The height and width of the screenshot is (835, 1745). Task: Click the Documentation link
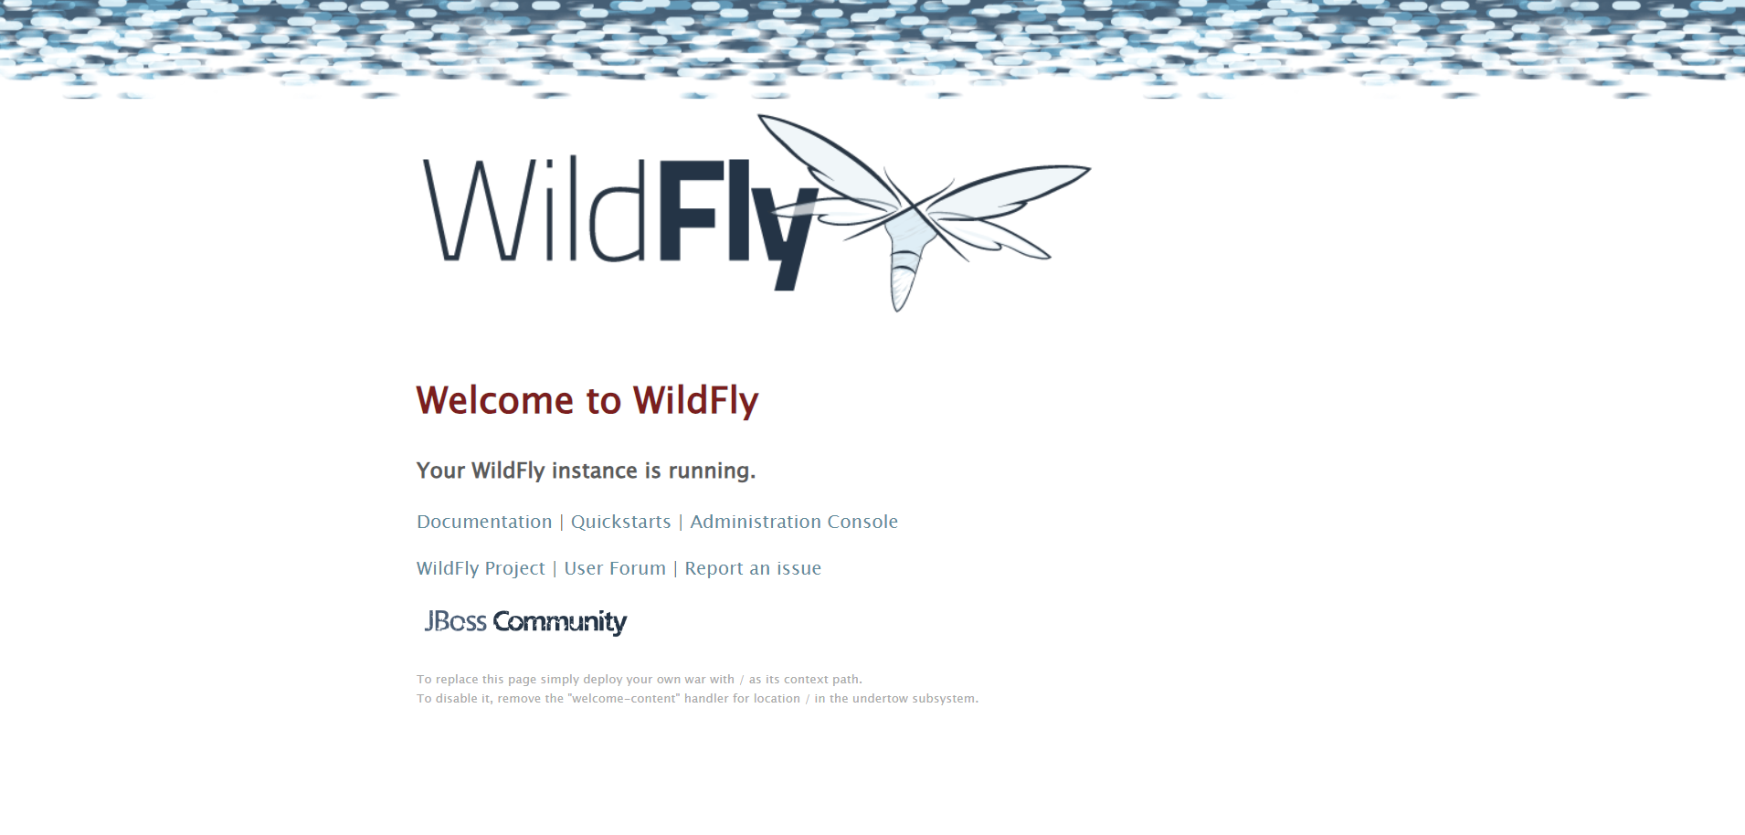(x=484, y=522)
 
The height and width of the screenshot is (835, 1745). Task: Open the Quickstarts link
(x=620, y=522)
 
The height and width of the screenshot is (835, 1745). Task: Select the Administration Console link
(x=793, y=522)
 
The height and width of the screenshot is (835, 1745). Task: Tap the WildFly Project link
(x=481, y=568)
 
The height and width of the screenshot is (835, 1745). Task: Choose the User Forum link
(x=615, y=568)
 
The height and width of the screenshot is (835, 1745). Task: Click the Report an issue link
(x=753, y=568)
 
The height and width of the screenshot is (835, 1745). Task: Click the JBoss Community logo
(x=525, y=622)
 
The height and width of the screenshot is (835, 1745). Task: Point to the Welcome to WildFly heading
(x=587, y=400)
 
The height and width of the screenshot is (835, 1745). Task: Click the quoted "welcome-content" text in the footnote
(x=624, y=699)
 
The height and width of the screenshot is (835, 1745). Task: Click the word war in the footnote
(x=695, y=680)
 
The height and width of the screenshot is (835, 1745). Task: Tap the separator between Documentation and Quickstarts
(x=561, y=523)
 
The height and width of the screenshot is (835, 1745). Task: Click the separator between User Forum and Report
(x=675, y=569)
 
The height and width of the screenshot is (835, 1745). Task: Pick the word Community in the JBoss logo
(x=559, y=622)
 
